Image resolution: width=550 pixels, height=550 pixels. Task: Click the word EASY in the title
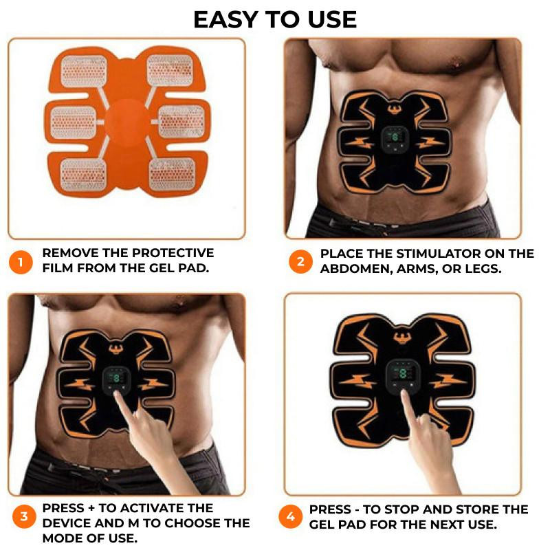[x=226, y=20]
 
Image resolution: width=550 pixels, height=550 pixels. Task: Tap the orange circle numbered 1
[x=21, y=262]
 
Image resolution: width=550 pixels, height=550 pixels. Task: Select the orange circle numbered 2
[x=300, y=262]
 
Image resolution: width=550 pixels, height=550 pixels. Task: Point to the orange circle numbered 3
[x=24, y=516]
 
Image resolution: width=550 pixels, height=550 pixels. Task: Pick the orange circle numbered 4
[x=290, y=516]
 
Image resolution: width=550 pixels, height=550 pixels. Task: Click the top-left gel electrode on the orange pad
[x=83, y=71]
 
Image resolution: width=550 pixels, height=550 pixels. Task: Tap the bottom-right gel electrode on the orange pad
[x=172, y=175]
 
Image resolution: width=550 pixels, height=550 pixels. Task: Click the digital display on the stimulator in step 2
[x=395, y=138]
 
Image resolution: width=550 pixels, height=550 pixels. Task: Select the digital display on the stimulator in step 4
[x=403, y=373]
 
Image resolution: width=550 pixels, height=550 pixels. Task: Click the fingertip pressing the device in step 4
[x=404, y=393]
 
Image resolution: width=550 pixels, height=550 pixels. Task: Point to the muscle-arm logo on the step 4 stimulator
[x=403, y=338]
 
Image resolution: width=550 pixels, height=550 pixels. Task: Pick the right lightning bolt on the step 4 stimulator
[x=448, y=381]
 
